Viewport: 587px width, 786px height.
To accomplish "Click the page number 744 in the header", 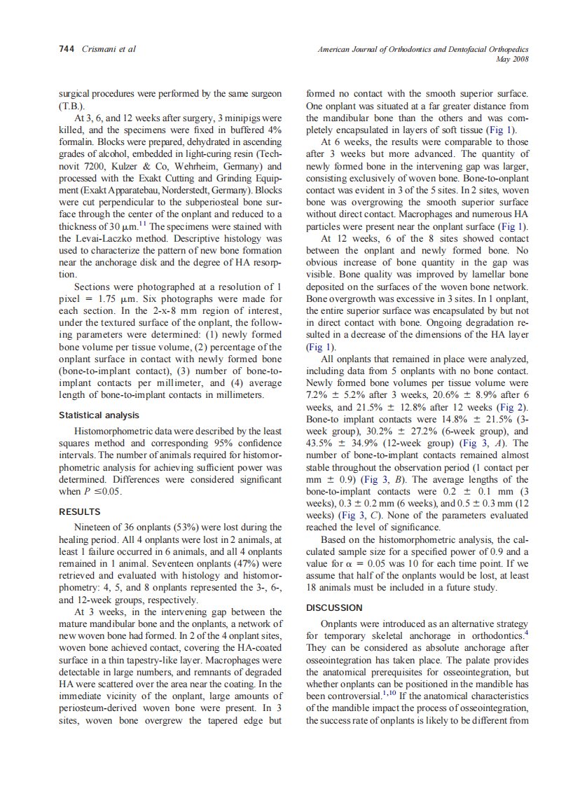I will [x=66, y=49].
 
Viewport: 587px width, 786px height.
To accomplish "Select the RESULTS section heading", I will [x=80, y=511].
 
